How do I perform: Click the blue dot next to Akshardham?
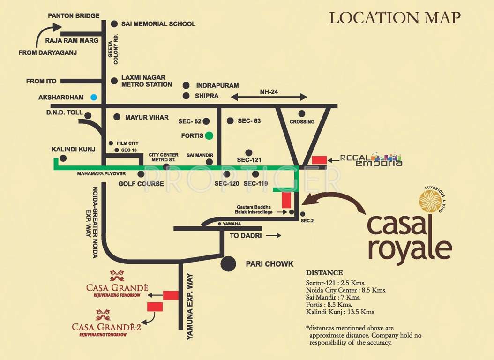(x=94, y=97)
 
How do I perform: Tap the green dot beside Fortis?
(x=209, y=136)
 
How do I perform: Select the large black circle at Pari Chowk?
(x=229, y=263)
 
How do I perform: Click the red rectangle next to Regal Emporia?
(x=319, y=160)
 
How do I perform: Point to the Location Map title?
(x=395, y=18)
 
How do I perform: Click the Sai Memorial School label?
(x=158, y=24)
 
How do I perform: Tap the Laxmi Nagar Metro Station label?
(x=146, y=81)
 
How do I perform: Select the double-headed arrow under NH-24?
(x=269, y=97)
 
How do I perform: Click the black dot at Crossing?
(x=302, y=113)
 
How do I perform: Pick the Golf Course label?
(x=141, y=184)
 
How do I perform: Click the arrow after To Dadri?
(x=273, y=236)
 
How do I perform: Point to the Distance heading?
(x=324, y=273)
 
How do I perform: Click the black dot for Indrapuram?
(x=186, y=85)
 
